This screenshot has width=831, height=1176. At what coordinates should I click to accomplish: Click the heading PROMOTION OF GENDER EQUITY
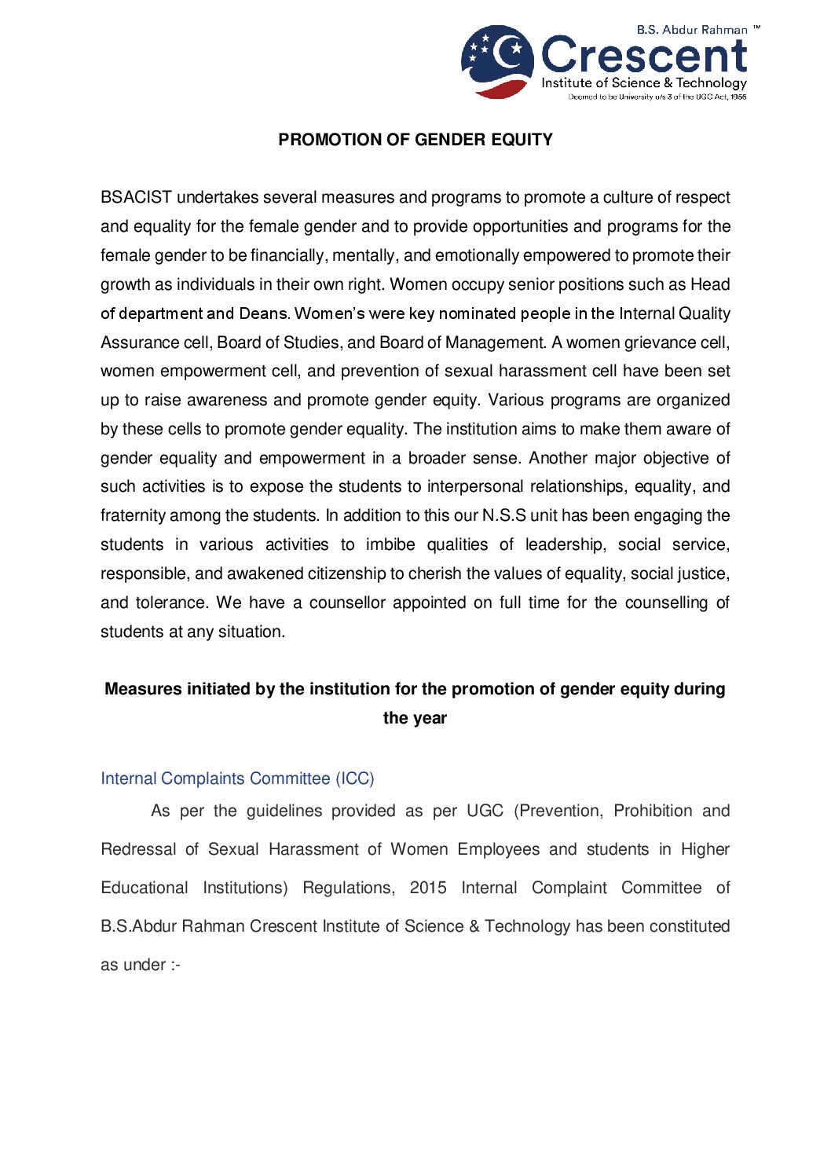pos(415,140)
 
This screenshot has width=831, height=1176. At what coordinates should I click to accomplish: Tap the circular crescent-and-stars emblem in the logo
pos(497,61)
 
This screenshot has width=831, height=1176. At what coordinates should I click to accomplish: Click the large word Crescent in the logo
pos(644,56)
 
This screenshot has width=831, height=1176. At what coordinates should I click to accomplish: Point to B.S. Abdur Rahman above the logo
pos(692,30)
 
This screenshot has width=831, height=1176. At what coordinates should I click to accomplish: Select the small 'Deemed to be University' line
pos(657,97)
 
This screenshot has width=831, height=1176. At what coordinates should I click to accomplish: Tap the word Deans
pos(264,313)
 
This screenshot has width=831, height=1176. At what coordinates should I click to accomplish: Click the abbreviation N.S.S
pos(503,516)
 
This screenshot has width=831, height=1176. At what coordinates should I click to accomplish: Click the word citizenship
pos(347,574)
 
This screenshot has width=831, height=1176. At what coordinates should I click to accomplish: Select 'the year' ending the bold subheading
pos(415,718)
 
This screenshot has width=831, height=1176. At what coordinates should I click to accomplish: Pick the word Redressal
pos(138,850)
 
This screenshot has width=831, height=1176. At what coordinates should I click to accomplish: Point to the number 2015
pos(428,888)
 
